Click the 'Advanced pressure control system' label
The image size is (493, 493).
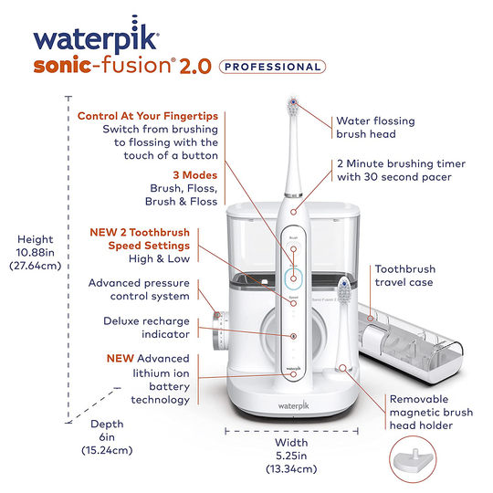pyautogui.click(x=140, y=289)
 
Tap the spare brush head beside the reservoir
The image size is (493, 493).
pyautogui.click(x=346, y=292)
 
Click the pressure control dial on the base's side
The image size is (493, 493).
pyautogui.click(x=218, y=331)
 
